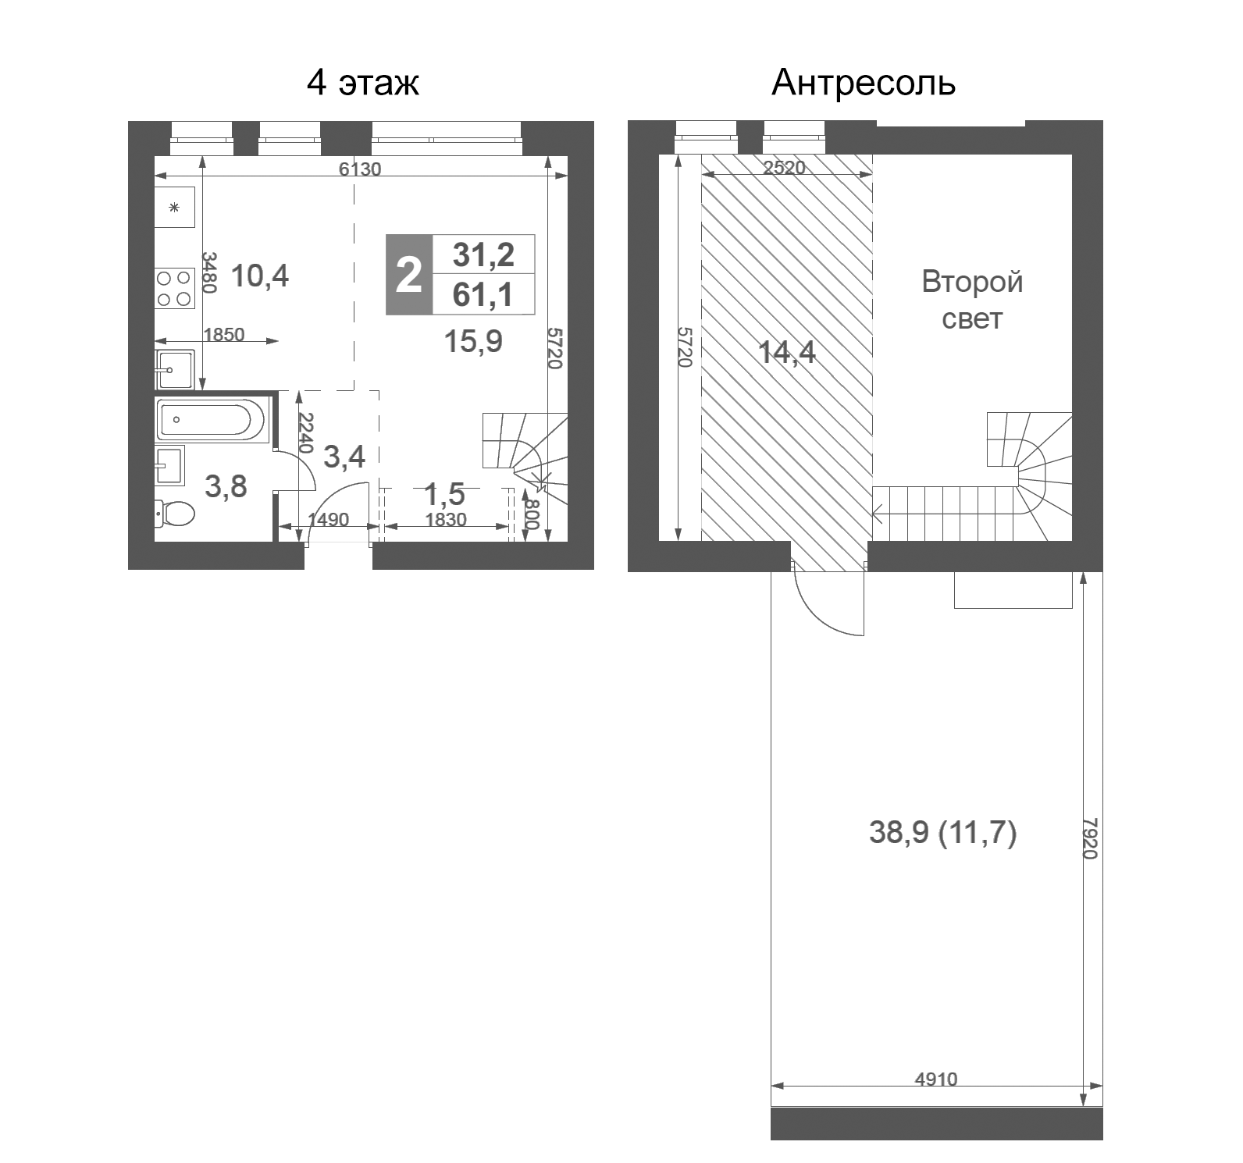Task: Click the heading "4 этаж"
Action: pyautogui.click(x=363, y=83)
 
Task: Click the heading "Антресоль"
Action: pyautogui.click(x=863, y=83)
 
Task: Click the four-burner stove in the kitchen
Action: pyautogui.click(x=174, y=287)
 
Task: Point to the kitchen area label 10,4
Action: pyautogui.click(x=260, y=276)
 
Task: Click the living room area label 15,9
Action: pyautogui.click(x=473, y=341)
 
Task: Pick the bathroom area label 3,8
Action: pyautogui.click(x=226, y=486)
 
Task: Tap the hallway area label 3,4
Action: pyautogui.click(x=344, y=457)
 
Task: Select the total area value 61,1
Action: pyautogui.click(x=483, y=295)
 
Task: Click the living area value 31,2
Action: pyautogui.click(x=483, y=254)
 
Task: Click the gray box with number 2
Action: pyautogui.click(x=409, y=275)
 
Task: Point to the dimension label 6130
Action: pyautogui.click(x=360, y=169)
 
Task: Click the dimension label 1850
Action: pyautogui.click(x=224, y=335)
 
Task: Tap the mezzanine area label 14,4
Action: pyautogui.click(x=787, y=352)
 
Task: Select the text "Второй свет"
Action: pyautogui.click(x=972, y=300)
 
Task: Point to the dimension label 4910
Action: pyautogui.click(x=935, y=1079)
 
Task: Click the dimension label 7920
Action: pyautogui.click(x=1090, y=838)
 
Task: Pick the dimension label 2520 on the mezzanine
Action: pyautogui.click(x=784, y=168)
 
